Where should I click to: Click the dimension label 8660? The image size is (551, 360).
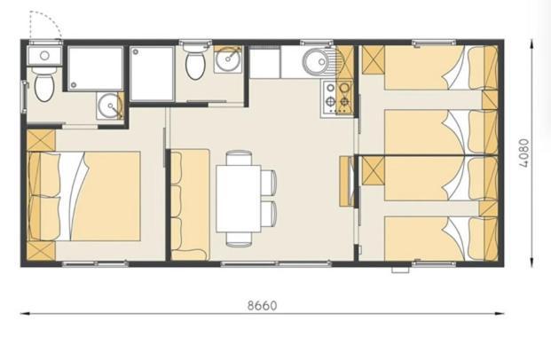point(262,305)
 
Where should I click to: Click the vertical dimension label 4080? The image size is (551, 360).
point(524,153)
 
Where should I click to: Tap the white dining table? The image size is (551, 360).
point(239,199)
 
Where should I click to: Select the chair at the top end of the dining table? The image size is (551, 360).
point(239,158)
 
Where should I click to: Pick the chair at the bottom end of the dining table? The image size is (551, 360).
point(239,239)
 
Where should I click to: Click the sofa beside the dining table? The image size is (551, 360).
point(190,205)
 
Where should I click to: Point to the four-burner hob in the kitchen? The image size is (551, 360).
point(337,98)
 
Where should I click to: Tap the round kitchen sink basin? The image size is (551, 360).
point(316,62)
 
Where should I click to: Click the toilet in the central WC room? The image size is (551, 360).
point(196,62)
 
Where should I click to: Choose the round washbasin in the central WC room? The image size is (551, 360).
point(228,59)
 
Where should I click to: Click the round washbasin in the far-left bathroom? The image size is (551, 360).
point(110,106)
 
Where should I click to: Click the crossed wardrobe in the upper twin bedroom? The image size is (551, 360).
point(374,59)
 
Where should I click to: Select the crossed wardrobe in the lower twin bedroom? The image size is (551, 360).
point(374,171)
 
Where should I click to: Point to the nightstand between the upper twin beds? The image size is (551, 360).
point(490,99)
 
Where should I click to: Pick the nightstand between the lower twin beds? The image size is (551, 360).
point(489,208)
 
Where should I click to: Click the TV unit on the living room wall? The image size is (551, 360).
point(347,181)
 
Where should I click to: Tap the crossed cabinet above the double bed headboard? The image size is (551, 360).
point(41,140)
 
